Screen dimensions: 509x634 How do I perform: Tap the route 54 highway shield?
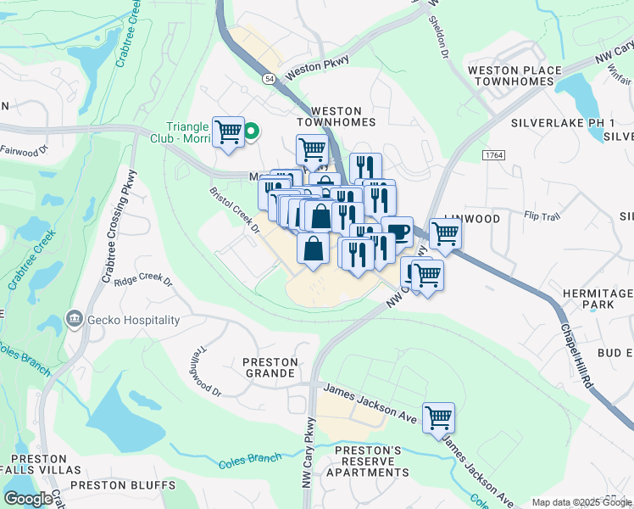point(268,78)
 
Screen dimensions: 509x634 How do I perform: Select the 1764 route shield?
point(494,154)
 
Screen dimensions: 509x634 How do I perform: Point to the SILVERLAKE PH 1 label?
point(563,122)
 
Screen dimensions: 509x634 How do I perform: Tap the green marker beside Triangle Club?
point(252,131)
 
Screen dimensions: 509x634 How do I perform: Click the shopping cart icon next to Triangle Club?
point(228,132)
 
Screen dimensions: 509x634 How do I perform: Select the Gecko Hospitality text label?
point(133,320)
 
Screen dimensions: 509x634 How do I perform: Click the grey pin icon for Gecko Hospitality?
point(75,320)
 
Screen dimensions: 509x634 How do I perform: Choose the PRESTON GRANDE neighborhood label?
point(270,367)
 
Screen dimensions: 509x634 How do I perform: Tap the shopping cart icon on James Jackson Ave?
point(438,417)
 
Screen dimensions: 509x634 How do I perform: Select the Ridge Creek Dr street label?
point(143,280)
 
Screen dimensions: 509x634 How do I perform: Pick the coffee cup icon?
point(397,231)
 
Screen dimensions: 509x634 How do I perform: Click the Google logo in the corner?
point(27,499)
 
